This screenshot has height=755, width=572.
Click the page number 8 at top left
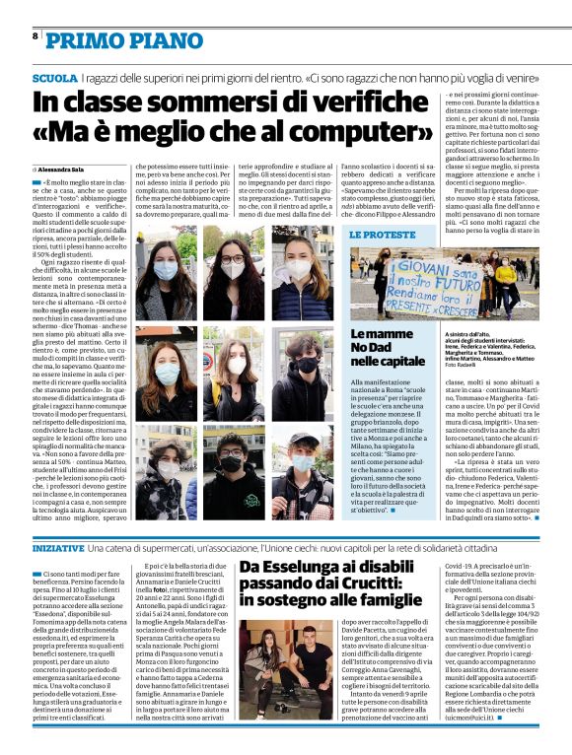pyautogui.click(x=36, y=35)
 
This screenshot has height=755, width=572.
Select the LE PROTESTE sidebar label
pyautogui.click(x=383, y=235)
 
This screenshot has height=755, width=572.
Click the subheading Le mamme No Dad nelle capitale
pyautogui.click(x=388, y=350)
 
